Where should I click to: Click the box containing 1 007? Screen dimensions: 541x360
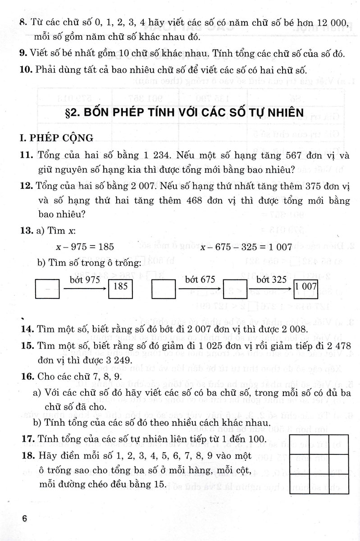(x=306, y=286)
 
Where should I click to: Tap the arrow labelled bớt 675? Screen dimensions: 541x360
(x=199, y=287)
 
